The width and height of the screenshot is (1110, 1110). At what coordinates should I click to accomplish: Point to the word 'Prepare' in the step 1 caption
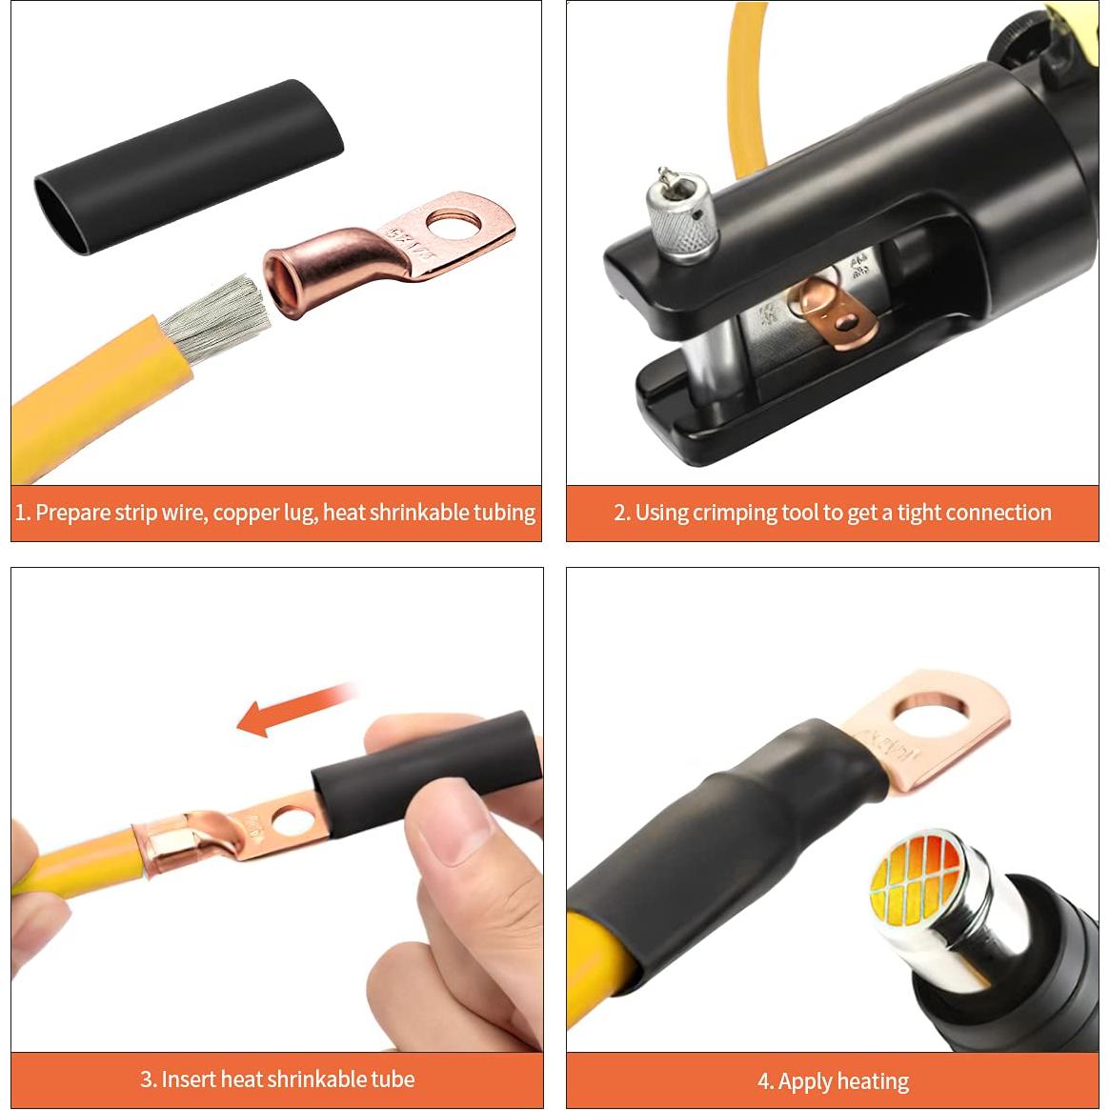click(x=73, y=513)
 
